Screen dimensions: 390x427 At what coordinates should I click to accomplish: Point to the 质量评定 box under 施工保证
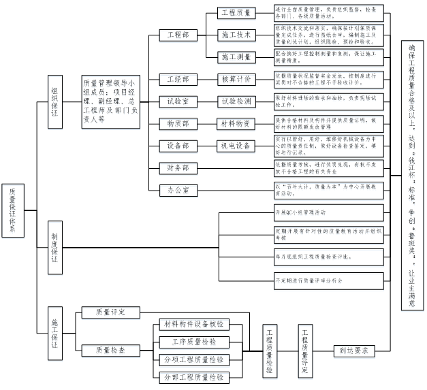point(111,312)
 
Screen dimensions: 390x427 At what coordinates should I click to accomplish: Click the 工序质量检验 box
point(189,341)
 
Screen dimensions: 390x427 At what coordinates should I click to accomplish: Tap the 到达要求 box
point(354,351)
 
